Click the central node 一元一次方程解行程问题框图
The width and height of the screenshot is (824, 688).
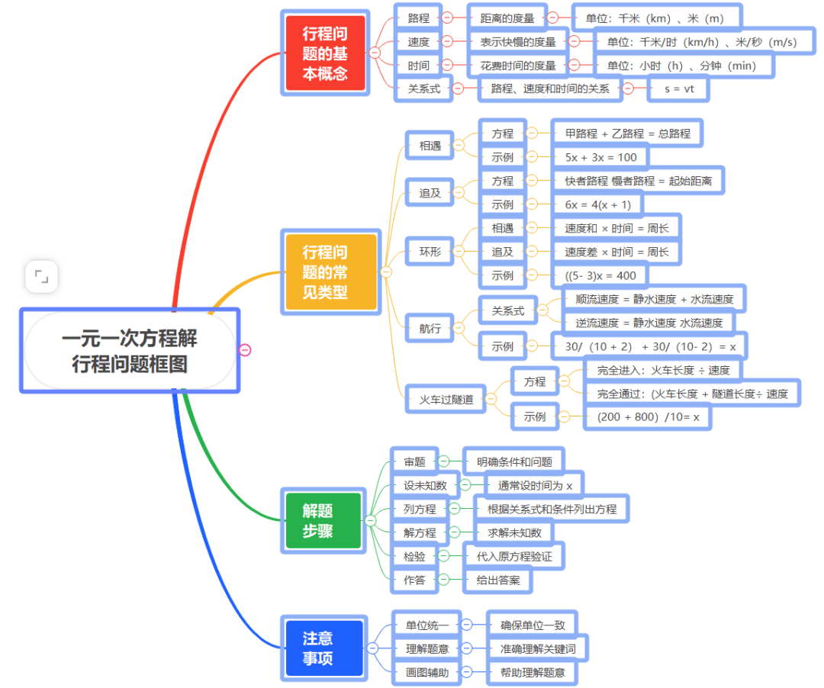[x=130, y=351]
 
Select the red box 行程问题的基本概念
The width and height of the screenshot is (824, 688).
[x=325, y=53]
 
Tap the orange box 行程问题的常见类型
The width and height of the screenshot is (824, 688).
[x=330, y=272]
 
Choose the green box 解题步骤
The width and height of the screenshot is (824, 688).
[x=321, y=521]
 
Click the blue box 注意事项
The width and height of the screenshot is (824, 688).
[x=321, y=648]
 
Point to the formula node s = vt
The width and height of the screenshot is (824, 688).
[x=678, y=88]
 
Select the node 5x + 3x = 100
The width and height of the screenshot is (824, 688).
[x=600, y=157]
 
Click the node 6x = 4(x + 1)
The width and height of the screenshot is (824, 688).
[x=597, y=204]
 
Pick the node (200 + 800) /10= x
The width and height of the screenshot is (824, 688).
[x=648, y=416]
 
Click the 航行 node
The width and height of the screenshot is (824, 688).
[x=430, y=328]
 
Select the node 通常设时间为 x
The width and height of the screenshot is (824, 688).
[x=534, y=485]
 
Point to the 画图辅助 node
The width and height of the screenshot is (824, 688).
[x=427, y=672]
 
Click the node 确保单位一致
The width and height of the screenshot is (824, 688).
[x=533, y=625]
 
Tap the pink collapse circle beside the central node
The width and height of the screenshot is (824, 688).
[x=245, y=350]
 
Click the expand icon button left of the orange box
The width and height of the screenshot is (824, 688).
[x=41, y=277]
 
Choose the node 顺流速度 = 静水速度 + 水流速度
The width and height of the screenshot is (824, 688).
[x=654, y=299]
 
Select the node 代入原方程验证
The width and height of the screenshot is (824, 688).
[x=514, y=556]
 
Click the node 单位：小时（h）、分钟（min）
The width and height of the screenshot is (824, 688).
[x=681, y=65]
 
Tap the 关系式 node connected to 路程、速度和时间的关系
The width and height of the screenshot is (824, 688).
[x=423, y=88]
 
